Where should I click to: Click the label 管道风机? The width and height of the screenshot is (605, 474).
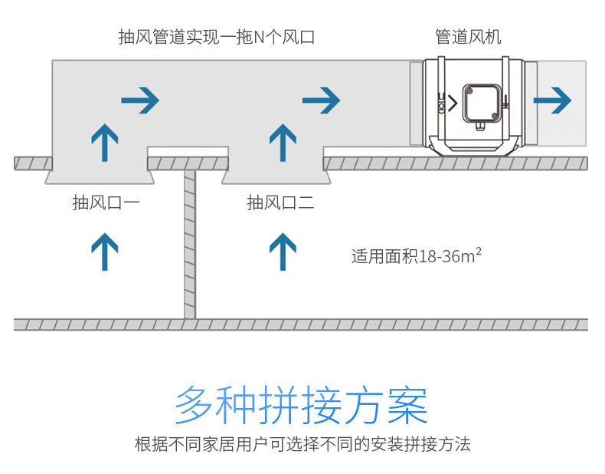pyautogui.click(x=468, y=37)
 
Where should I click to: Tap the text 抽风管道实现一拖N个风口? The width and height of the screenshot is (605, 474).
pyautogui.click(x=217, y=37)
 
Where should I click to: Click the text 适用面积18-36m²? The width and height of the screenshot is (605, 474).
pyautogui.click(x=416, y=255)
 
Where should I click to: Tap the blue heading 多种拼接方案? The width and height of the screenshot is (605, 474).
pyautogui.click(x=301, y=404)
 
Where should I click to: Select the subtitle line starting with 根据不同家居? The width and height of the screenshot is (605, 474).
pyautogui.click(x=302, y=444)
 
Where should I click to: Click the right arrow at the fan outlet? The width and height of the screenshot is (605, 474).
pyautogui.click(x=553, y=100)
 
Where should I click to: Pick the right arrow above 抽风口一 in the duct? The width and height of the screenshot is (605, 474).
pyautogui.click(x=140, y=100)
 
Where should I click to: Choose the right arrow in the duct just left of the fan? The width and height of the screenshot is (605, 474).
pyautogui.click(x=321, y=100)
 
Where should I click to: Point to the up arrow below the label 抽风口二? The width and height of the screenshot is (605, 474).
pyautogui.click(x=283, y=252)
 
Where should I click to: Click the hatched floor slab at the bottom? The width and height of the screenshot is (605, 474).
pyautogui.click(x=301, y=324)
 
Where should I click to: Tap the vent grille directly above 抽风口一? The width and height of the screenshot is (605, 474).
pyautogui.click(x=100, y=177)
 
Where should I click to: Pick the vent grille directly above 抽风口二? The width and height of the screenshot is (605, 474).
pyautogui.click(x=276, y=177)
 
